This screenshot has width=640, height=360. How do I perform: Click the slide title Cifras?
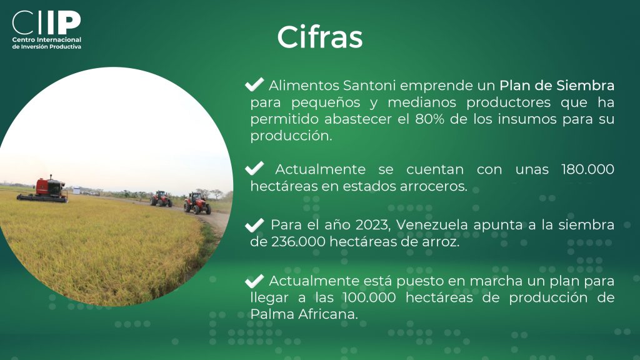click(x=319, y=37)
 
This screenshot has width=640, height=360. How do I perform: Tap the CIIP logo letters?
click(x=46, y=22)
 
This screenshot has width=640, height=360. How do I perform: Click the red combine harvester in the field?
click(x=42, y=189)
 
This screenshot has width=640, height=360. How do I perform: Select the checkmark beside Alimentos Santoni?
click(x=254, y=84)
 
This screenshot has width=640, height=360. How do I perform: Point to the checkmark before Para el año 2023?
click(x=254, y=225)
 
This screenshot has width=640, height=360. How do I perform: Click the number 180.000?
click(x=587, y=169)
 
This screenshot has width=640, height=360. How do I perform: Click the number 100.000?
click(x=369, y=297)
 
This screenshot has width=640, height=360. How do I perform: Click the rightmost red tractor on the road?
click(x=197, y=203)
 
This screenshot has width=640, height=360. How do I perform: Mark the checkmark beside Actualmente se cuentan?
click(x=254, y=168)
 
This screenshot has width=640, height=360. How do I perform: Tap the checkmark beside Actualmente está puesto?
click(x=254, y=281)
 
